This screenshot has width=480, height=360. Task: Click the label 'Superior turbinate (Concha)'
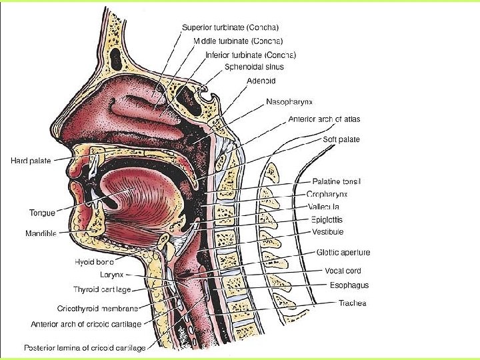tap(230, 27)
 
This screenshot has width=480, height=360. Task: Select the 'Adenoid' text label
tap(261, 81)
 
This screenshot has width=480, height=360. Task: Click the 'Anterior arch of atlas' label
tap(324, 119)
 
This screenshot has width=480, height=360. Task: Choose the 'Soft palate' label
tap(341, 139)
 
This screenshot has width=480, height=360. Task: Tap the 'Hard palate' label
tap(31, 160)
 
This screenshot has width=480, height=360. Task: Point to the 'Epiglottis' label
tap(328, 219)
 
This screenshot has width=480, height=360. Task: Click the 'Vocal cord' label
tap(343, 271)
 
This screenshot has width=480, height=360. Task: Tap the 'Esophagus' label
tap(349, 285)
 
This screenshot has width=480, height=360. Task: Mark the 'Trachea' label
tap(352, 303)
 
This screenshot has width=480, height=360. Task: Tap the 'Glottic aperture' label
tap(343, 253)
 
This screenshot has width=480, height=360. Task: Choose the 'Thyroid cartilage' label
tap(102, 289)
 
